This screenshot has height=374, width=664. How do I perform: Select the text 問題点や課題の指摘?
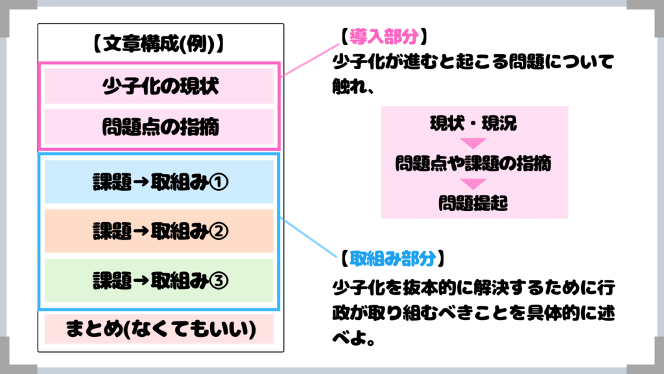pos(473,164)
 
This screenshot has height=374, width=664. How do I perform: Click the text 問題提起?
pos(473,203)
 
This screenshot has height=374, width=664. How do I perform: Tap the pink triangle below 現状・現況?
pos(473,143)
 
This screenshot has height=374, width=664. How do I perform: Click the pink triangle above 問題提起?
pos(473,184)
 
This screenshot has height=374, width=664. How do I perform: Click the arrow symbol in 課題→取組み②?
pos(140,231)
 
